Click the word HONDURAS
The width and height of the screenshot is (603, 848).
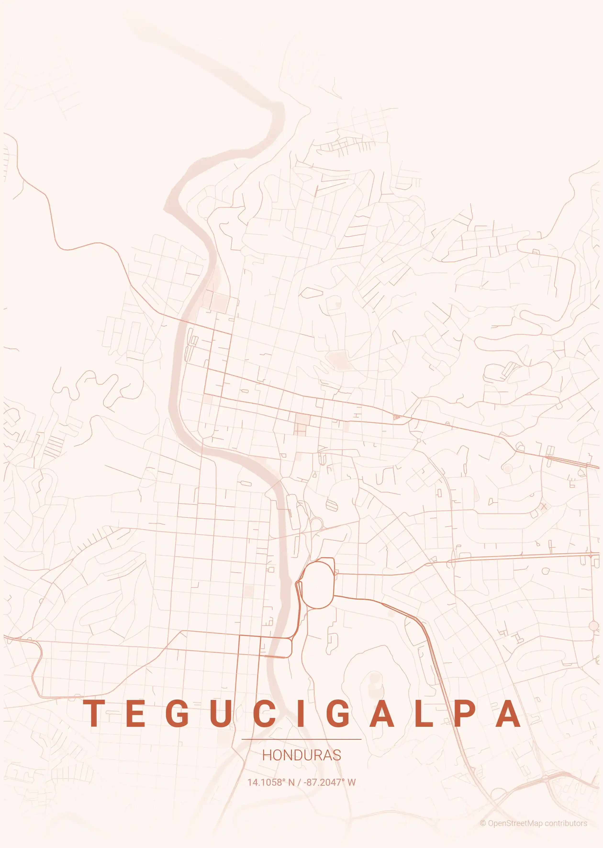click(x=301, y=755)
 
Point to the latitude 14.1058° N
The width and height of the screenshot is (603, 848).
click(x=271, y=782)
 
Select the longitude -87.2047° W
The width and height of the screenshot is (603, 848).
click(x=330, y=782)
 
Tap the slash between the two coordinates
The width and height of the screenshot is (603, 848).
click(x=299, y=782)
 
